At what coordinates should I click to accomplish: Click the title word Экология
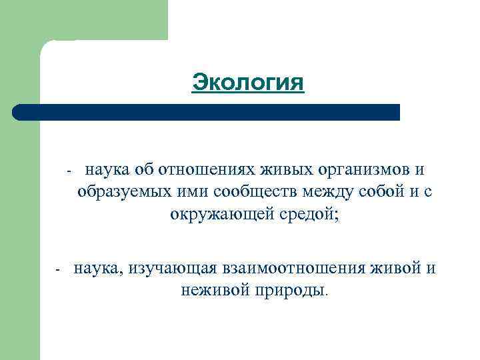[x=248, y=83]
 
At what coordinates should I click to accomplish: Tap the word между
[x=331, y=193]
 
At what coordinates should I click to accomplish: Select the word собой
[x=386, y=193]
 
